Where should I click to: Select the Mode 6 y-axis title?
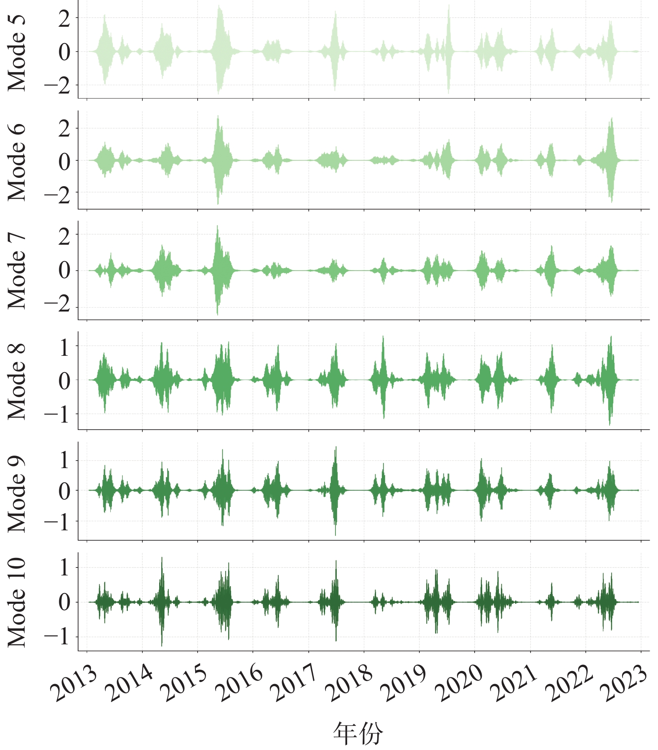(x=17, y=162)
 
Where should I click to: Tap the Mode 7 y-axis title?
(x=17, y=271)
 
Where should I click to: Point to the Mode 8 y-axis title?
(x=17, y=381)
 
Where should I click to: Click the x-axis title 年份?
(x=358, y=733)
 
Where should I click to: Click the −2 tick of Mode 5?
(x=58, y=86)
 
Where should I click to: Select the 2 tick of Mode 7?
(x=64, y=237)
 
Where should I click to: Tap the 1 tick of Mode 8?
(x=64, y=347)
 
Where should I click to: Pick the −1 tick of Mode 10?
(x=58, y=637)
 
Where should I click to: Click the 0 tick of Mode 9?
(x=64, y=491)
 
